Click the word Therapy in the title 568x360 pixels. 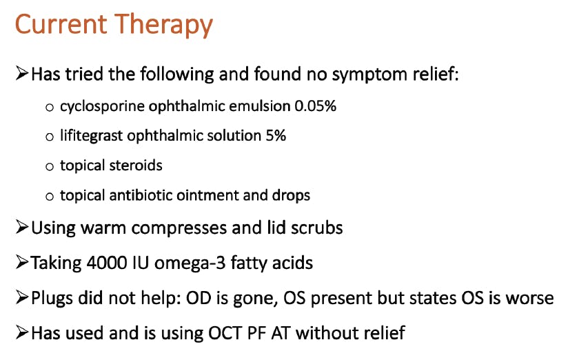pyautogui.click(x=164, y=25)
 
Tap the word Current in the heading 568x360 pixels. pyautogui.click(x=61, y=24)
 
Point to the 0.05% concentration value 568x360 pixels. pyautogui.click(x=315, y=106)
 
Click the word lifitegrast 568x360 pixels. pyautogui.click(x=91, y=136)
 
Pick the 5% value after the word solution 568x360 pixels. pyautogui.click(x=276, y=136)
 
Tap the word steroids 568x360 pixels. pyautogui.click(x=136, y=166)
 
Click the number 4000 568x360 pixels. pyautogui.click(x=107, y=263)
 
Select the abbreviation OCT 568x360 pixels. pyautogui.click(x=224, y=333)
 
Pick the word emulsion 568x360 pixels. pyautogui.click(x=260, y=106)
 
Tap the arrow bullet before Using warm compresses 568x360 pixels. pyautogui.click(x=22, y=228)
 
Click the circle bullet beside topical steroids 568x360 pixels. pyautogui.click(x=50, y=166)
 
